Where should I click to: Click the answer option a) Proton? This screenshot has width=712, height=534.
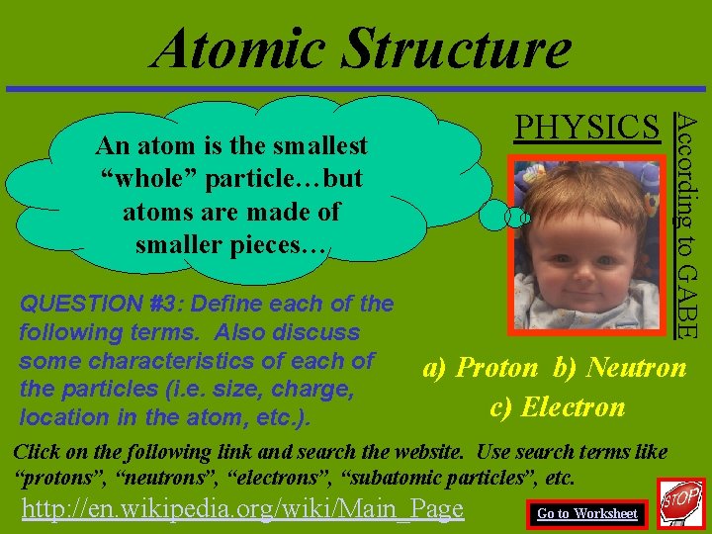pos(481,368)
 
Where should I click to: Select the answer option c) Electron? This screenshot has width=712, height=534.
pos(558,406)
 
